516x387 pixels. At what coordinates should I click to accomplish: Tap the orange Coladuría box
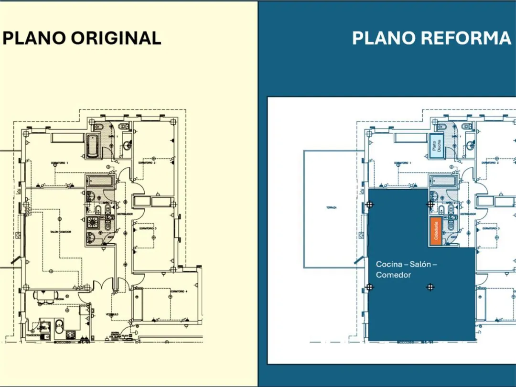434,232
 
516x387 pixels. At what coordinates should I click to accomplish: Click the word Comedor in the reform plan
393,275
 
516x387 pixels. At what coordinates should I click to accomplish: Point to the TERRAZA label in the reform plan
332,207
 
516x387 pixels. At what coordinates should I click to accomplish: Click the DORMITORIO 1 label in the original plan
60,163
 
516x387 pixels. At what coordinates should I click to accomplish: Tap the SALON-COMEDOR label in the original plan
61,232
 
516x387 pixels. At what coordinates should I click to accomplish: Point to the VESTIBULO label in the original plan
112,314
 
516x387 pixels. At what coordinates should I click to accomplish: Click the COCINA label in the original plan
59,299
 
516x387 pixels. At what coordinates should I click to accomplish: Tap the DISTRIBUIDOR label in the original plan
125,214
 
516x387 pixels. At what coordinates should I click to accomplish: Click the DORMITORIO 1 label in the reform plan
402,163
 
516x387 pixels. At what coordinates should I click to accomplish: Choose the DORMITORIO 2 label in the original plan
148,163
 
